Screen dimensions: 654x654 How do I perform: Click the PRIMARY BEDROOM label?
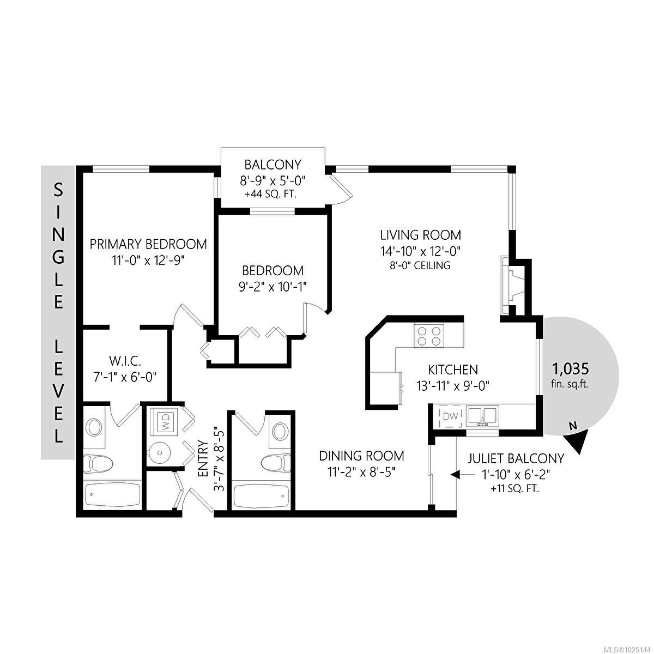point(148,244)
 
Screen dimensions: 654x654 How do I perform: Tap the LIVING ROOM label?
point(421,235)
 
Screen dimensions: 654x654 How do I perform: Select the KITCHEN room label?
point(453,370)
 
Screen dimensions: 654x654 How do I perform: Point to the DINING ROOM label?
point(361,456)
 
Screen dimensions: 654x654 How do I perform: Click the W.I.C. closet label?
point(125,361)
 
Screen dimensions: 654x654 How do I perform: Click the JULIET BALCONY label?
point(516,458)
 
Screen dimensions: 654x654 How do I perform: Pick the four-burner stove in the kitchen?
point(429,336)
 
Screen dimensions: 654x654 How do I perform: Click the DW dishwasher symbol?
point(451,416)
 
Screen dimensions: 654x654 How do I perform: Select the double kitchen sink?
point(482,416)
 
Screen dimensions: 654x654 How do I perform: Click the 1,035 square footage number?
point(571,368)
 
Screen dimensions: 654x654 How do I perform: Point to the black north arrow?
point(577,441)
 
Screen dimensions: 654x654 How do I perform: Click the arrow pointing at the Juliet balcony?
point(457,475)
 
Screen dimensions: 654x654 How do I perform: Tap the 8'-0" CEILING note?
point(421,265)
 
